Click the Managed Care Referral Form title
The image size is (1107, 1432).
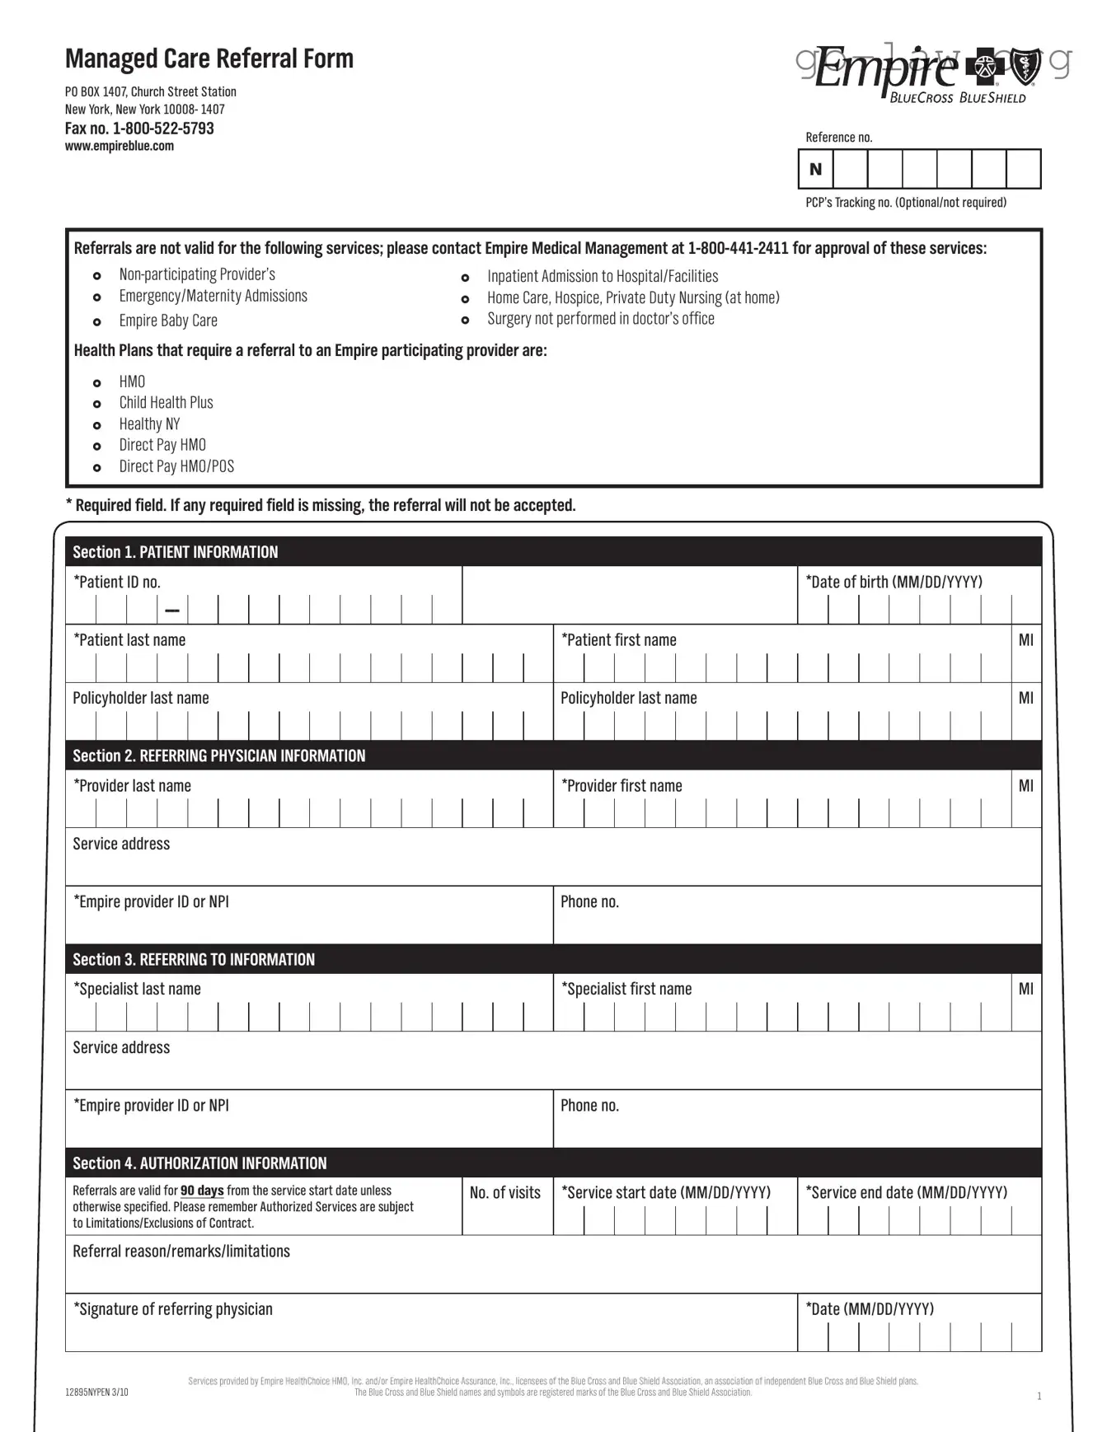tap(209, 58)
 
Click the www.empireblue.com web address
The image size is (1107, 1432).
tap(120, 147)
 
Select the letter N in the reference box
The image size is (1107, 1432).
tap(815, 169)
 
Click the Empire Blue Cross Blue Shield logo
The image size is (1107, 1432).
tap(924, 74)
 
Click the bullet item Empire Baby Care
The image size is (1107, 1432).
tap(168, 321)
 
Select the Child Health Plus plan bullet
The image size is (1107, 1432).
tap(166, 403)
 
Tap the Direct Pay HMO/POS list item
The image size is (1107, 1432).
tap(176, 466)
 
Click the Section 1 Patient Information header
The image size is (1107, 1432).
tap(175, 552)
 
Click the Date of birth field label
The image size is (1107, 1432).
tap(894, 582)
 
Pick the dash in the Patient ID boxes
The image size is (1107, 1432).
tap(172, 611)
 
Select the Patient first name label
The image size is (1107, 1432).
tap(618, 640)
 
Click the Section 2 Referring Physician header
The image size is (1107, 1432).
tap(218, 756)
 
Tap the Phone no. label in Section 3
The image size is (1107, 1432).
tap(589, 1106)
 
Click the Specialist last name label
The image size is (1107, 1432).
tap(137, 989)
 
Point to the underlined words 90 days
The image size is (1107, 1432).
tap(202, 1191)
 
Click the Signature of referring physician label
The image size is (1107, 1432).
tap(172, 1309)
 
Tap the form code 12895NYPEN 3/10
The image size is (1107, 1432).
tap(96, 1392)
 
